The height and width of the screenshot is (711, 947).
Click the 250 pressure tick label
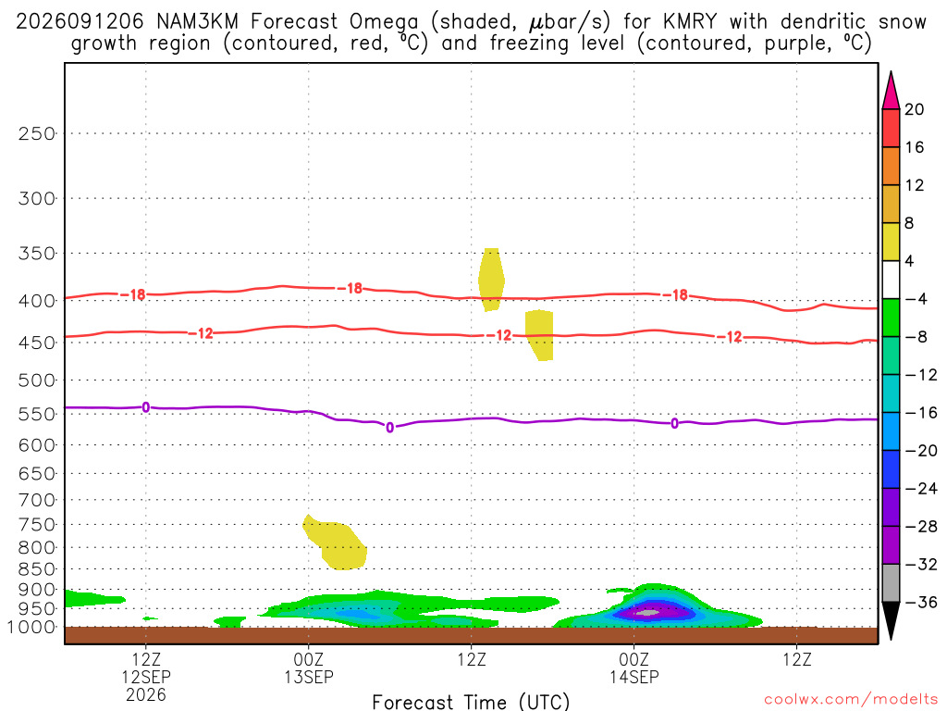[x=37, y=133]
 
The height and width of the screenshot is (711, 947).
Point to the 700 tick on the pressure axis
[x=37, y=500]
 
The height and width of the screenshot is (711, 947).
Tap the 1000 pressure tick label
[x=31, y=627]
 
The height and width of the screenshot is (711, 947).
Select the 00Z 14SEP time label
[x=634, y=667]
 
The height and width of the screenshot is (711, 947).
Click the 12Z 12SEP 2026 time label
[x=146, y=677]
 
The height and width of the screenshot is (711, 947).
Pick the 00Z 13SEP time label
[x=309, y=667]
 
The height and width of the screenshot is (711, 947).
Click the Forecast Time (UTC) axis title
[x=471, y=702]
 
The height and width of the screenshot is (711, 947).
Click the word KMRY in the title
[x=689, y=22]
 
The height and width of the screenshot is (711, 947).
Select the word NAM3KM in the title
[x=197, y=22]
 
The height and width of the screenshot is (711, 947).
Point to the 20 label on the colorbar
[x=915, y=109]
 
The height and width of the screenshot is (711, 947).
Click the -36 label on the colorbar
[x=921, y=602]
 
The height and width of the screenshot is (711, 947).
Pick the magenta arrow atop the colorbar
[x=891, y=91]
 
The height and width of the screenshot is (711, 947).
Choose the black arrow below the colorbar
[x=891, y=620]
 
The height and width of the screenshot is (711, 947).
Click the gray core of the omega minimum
[x=647, y=613]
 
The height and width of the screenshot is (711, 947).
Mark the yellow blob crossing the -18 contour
[x=491, y=280]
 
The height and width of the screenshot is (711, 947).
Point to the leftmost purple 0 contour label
[x=145, y=407]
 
